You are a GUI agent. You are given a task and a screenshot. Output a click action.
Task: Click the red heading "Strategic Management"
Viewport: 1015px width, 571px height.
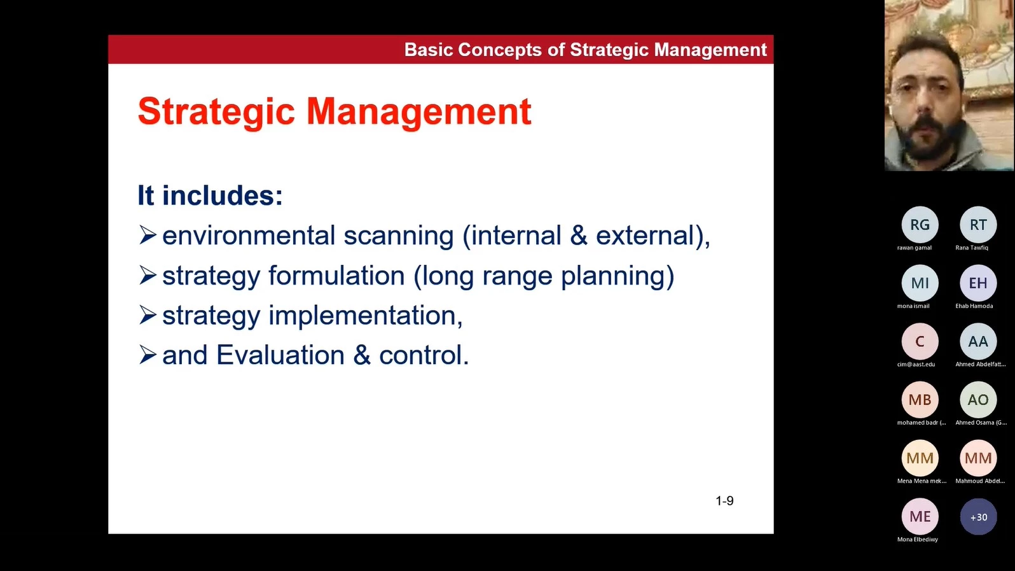[x=335, y=111]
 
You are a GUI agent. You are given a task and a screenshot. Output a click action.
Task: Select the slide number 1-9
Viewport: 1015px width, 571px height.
[x=724, y=501]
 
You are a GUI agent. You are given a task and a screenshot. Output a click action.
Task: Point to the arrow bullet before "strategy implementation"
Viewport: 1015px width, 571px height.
[x=148, y=314]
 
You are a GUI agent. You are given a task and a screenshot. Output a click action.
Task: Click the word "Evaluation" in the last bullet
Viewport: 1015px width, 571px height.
[x=280, y=355]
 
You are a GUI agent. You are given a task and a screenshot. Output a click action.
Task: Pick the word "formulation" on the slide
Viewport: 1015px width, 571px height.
[x=336, y=275]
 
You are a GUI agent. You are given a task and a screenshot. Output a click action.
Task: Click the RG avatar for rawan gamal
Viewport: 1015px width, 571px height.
[x=920, y=225]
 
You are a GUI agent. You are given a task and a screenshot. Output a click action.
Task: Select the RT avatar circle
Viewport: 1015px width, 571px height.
[x=978, y=225]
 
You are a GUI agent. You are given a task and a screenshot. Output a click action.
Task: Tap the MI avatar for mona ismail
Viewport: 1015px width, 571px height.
[x=920, y=283]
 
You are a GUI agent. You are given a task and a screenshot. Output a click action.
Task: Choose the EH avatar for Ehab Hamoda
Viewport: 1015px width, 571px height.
[x=978, y=283]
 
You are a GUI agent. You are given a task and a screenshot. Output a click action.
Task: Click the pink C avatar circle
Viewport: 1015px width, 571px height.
[x=920, y=341]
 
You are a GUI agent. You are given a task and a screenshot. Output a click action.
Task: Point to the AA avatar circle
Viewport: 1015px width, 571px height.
[x=978, y=341]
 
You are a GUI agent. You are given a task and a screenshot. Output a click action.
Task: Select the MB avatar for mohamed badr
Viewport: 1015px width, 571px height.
[x=920, y=400]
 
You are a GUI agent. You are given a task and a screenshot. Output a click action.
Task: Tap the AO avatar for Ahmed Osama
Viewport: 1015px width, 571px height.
[x=978, y=400]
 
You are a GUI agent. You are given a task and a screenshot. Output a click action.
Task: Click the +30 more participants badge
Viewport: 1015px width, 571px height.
[x=978, y=517]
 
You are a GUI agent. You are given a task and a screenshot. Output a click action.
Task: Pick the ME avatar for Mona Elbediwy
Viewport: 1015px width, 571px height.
[x=920, y=517]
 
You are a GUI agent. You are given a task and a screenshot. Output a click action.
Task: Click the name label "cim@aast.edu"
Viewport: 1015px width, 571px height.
[x=916, y=364]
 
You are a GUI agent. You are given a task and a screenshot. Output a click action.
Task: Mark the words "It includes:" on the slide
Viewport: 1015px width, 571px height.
[x=211, y=195]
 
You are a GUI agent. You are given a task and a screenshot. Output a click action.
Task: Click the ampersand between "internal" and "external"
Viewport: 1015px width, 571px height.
[x=579, y=236]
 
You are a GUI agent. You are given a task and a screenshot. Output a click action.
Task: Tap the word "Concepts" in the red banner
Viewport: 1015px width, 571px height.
[x=499, y=50]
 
